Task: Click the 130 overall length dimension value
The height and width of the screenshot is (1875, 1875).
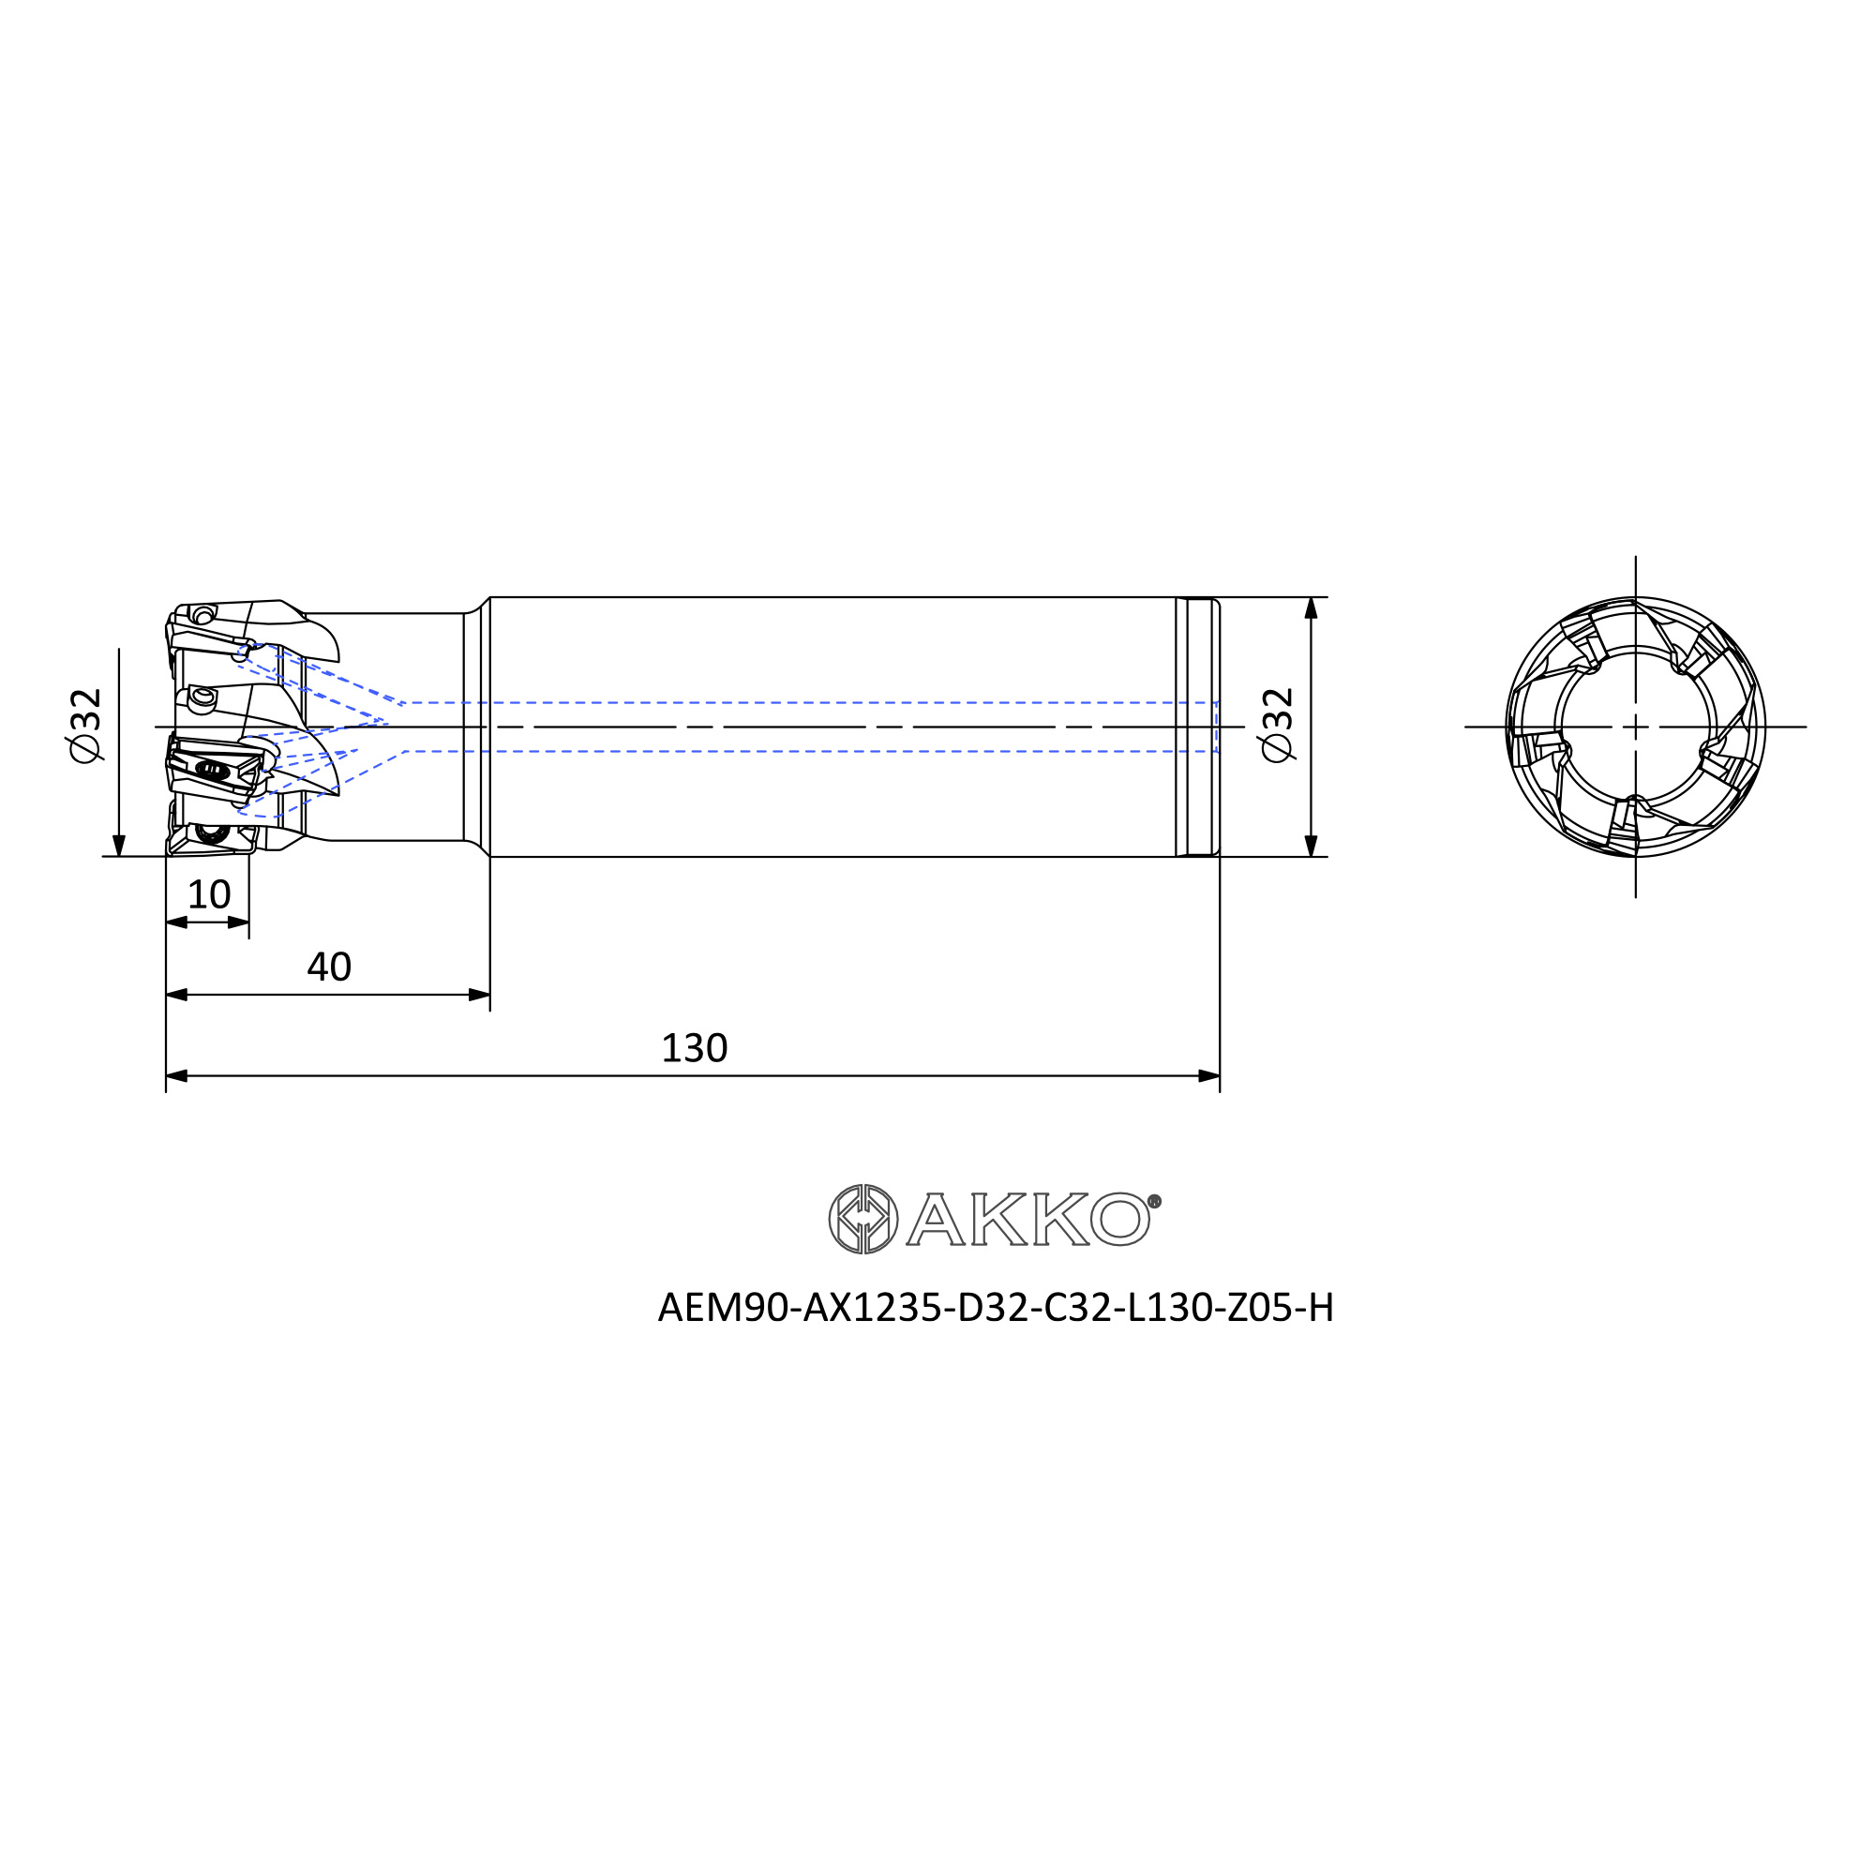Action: click(694, 1048)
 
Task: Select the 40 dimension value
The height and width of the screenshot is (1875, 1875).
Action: click(329, 967)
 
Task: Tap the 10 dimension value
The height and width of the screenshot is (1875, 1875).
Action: click(209, 894)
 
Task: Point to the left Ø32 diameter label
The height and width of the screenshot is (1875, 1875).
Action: click(86, 725)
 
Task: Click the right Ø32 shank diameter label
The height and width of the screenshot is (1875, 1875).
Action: click(1278, 725)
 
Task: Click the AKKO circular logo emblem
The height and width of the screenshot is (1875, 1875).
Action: click(862, 1219)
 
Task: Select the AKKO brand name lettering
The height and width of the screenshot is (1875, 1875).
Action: click(1028, 1219)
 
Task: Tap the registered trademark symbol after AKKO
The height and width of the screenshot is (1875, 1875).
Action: click(1155, 1202)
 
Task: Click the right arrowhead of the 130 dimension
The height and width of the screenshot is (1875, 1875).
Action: click(1208, 1075)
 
